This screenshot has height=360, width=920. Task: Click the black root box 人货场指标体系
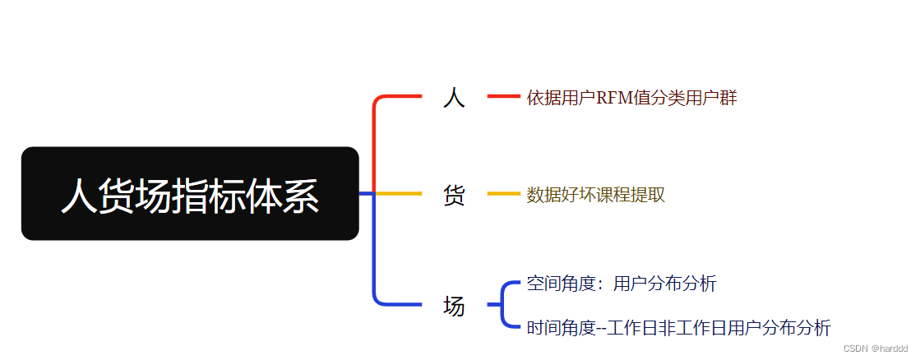pyautogui.click(x=190, y=194)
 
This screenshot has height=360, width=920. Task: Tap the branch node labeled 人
pyautogui.click(x=454, y=98)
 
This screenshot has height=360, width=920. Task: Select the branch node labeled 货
pyautogui.click(x=454, y=195)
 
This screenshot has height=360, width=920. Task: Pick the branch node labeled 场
pyautogui.click(x=454, y=306)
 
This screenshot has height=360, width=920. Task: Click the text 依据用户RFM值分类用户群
pyautogui.click(x=631, y=99)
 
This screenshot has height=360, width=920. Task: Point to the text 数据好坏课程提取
pyautogui.click(x=595, y=195)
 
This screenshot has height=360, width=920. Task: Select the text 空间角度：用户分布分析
pyautogui.click(x=622, y=284)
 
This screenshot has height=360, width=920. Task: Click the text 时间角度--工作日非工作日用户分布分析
pyautogui.click(x=678, y=328)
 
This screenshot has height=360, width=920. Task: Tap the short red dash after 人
pyautogui.click(x=503, y=97)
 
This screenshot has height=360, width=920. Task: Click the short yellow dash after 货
pyautogui.click(x=503, y=194)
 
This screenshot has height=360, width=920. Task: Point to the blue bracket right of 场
pyautogui.click(x=504, y=305)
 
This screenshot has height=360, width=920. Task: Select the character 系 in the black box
pyautogui.click(x=301, y=197)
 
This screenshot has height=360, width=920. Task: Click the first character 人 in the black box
pyautogui.click(x=80, y=197)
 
